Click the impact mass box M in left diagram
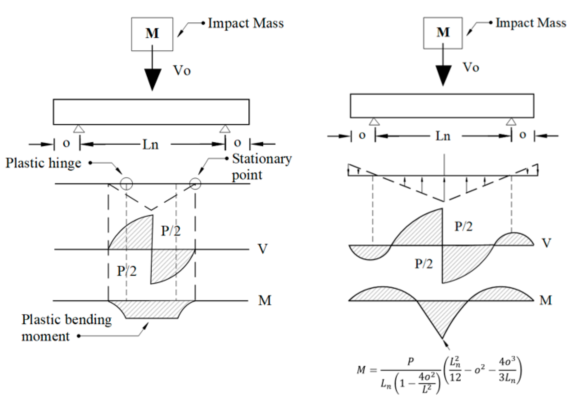point(152,34)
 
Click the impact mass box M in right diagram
point(442,33)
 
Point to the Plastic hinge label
point(43,163)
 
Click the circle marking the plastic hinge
point(126,184)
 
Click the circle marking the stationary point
point(195,184)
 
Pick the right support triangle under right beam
point(511,122)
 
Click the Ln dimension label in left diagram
point(150,145)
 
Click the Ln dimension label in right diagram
point(443,136)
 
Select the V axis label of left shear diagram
point(262,249)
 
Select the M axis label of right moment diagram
point(545,300)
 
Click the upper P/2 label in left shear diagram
point(170,231)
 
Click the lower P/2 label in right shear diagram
point(423,264)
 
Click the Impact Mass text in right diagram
point(531,23)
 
